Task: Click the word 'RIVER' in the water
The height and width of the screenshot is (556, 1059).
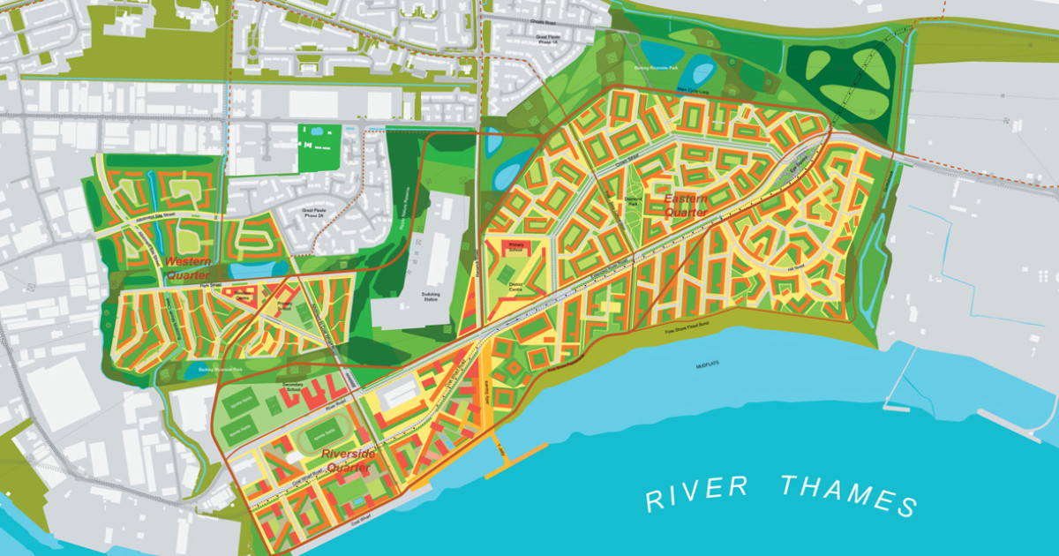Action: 697,493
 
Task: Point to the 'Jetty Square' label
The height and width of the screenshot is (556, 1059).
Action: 486,387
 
